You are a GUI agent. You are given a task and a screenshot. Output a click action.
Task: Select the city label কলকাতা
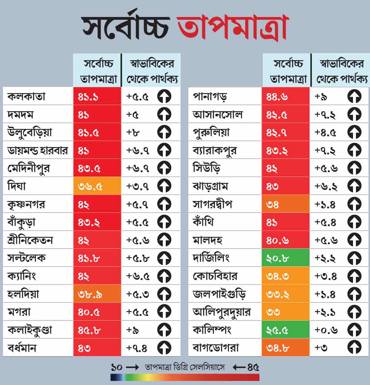pyautogui.click(x=26, y=96)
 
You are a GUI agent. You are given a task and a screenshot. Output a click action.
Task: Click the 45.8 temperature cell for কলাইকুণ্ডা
pyautogui.click(x=97, y=330)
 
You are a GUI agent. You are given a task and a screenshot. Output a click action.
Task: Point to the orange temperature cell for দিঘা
pyautogui.click(x=97, y=186)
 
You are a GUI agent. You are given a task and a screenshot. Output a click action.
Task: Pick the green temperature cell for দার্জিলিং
pyautogui.click(x=285, y=258)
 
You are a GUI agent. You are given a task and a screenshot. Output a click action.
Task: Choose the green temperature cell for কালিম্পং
pyautogui.click(x=285, y=330)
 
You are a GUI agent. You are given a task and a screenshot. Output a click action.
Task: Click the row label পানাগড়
pyautogui.click(x=210, y=96)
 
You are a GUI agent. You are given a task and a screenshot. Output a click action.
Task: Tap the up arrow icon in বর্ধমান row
pyautogui.click(x=164, y=348)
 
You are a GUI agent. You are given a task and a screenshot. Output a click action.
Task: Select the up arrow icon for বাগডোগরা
pyautogui.click(x=354, y=348)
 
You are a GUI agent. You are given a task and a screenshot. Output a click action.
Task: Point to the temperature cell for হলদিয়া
pyautogui.click(x=97, y=294)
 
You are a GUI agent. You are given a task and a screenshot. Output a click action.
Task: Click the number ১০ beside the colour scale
pyautogui.click(x=117, y=367)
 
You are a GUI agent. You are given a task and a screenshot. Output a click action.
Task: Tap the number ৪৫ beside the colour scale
pyautogui.click(x=253, y=367)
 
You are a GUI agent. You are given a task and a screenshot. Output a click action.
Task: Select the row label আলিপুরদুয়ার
pyautogui.click(x=222, y=312)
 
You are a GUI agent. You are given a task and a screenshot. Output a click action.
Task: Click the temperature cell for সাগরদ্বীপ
pyautogui.click(x=285, y=204)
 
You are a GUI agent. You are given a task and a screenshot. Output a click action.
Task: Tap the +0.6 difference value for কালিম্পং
pyautogui.click(x=326, y=330)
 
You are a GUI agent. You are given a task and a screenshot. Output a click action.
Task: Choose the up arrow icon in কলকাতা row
pyautogui.click(x=164, y=96)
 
